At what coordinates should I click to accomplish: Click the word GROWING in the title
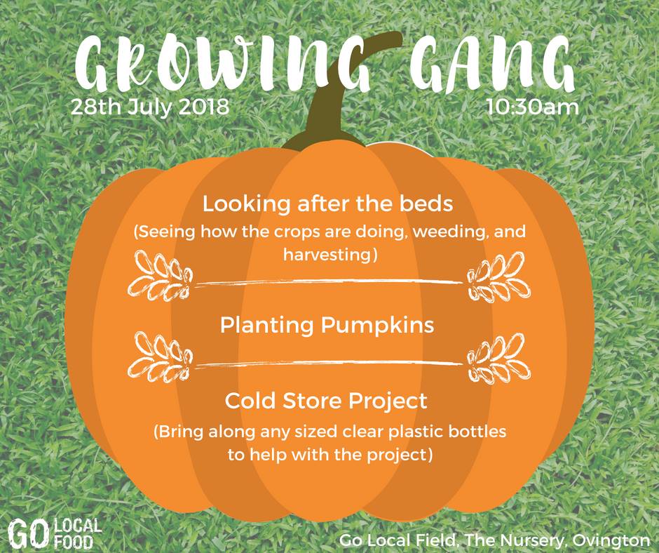point(222,62)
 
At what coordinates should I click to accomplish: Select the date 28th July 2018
point(150,107)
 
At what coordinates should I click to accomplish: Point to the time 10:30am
point(533,107)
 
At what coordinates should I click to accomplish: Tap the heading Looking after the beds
point(328,204)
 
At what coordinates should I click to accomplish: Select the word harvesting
point(329,255)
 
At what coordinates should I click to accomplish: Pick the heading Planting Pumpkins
point(327,326)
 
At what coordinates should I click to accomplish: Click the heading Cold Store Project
point(326,401)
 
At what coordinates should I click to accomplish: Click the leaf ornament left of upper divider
point(160,276)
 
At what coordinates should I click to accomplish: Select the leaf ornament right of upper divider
point(498,276)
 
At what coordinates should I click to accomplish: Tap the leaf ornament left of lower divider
point(160,357)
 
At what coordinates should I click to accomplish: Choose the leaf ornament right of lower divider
point(498,357)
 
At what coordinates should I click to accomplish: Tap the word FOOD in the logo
point(73,542)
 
